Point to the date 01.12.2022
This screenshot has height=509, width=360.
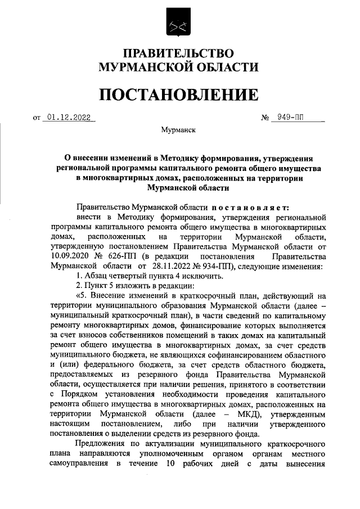(x=69, y=118)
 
